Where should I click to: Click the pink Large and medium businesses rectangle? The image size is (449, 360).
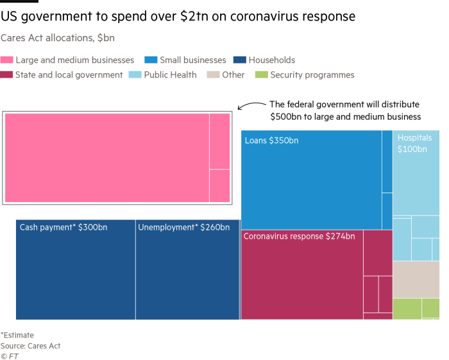tap(117, 158)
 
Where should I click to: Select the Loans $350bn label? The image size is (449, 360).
tap(271, 141)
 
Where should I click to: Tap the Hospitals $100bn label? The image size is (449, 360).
tap(414, 144)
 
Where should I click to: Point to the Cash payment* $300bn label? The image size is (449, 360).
tap(64, 227)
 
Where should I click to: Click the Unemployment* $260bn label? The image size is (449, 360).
tap(183, 227)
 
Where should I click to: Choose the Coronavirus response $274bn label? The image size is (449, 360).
tap(299, 236)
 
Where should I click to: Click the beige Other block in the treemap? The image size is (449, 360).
tap(416, 280)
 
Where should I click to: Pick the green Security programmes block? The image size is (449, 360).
tap(416, 309)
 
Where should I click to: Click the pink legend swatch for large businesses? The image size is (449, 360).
tap(7, 60)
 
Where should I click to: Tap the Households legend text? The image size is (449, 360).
tap(271, 60)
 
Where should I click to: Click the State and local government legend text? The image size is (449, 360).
tap(69, 75)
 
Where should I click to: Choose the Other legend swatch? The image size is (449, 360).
tap(213, 75)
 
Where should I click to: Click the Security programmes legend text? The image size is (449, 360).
tap(312, 75)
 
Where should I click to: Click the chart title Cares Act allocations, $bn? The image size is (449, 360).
tap(58, 39)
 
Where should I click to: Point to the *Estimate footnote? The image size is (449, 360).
tap(17, 335)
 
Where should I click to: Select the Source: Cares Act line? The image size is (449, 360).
tap(31, 346)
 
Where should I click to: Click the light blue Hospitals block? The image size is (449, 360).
tap(416, 205)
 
